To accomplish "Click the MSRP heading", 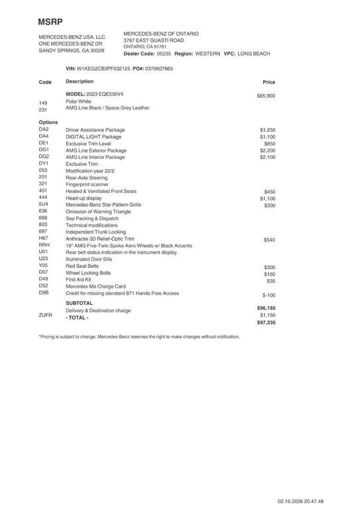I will click(x=50, y=22).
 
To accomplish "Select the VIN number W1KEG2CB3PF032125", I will click(x=103, y=68).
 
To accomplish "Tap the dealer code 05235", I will click(x=164, y=53).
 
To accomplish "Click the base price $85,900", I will click(x=266, y=96).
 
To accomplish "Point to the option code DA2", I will click(x=44, y=129).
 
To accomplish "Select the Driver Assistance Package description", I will click(x=95, y=130).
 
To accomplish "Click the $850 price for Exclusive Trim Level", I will click(x=269, y=144).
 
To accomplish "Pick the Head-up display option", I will click(x=84, y=198).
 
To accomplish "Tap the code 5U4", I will click(x=44, y=204).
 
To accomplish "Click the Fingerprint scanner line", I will click(x=87, y=184).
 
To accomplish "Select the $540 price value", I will click(x=269, y=240).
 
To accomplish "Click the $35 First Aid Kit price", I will click(x=270, y=281).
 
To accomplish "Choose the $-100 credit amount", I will click(x=269, y=295).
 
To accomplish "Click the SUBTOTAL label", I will click(x=80, y=303).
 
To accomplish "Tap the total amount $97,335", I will click(x=266, y=323).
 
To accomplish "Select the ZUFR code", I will click(x=46, y=315).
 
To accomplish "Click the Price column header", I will click(x=269, y=82).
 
